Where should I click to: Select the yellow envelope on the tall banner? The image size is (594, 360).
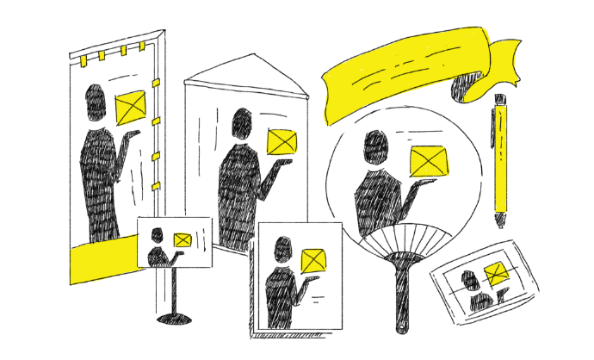tap(131, 107)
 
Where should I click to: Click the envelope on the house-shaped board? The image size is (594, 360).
tap(282, 142)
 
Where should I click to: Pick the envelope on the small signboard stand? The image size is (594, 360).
tap(183, 240)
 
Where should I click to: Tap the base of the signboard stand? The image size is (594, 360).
tap(176, 319)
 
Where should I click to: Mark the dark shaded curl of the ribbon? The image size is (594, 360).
tap(469, 86)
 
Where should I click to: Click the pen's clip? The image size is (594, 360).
tap(494, 129)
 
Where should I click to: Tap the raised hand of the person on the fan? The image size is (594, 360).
tap(418, 185)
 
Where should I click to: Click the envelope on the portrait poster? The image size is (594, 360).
tap(314, 259)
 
